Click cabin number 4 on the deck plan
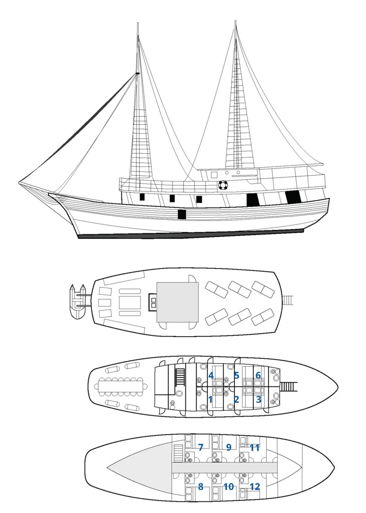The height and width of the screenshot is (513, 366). [x=211, y=375]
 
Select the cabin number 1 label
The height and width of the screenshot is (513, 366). [x=210, y=399]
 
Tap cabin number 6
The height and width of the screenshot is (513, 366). [x=258, y=375]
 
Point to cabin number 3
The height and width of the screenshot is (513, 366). [x=259, y=399]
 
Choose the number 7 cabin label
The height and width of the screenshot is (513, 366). [x=201, y=447]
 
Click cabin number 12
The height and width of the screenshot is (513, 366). [x=255, y=486]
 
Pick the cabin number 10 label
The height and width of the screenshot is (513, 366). [x=228, y=486]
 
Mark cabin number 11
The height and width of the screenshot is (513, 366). [x=255, y=447]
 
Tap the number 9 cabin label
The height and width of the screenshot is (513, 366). [x=229, y=447]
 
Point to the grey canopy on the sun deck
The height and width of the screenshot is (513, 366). [x=178, y=302]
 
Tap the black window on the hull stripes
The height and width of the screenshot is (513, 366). [x=182, y=214]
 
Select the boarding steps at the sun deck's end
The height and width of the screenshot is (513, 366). [x=288, y=300]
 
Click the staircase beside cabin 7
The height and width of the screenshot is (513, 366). [x=178, y=453]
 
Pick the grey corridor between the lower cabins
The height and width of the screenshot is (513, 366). [x=224, y=467]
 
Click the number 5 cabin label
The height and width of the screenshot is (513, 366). [x=236, y=375]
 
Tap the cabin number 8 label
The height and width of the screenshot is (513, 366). [x=201, y=486]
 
